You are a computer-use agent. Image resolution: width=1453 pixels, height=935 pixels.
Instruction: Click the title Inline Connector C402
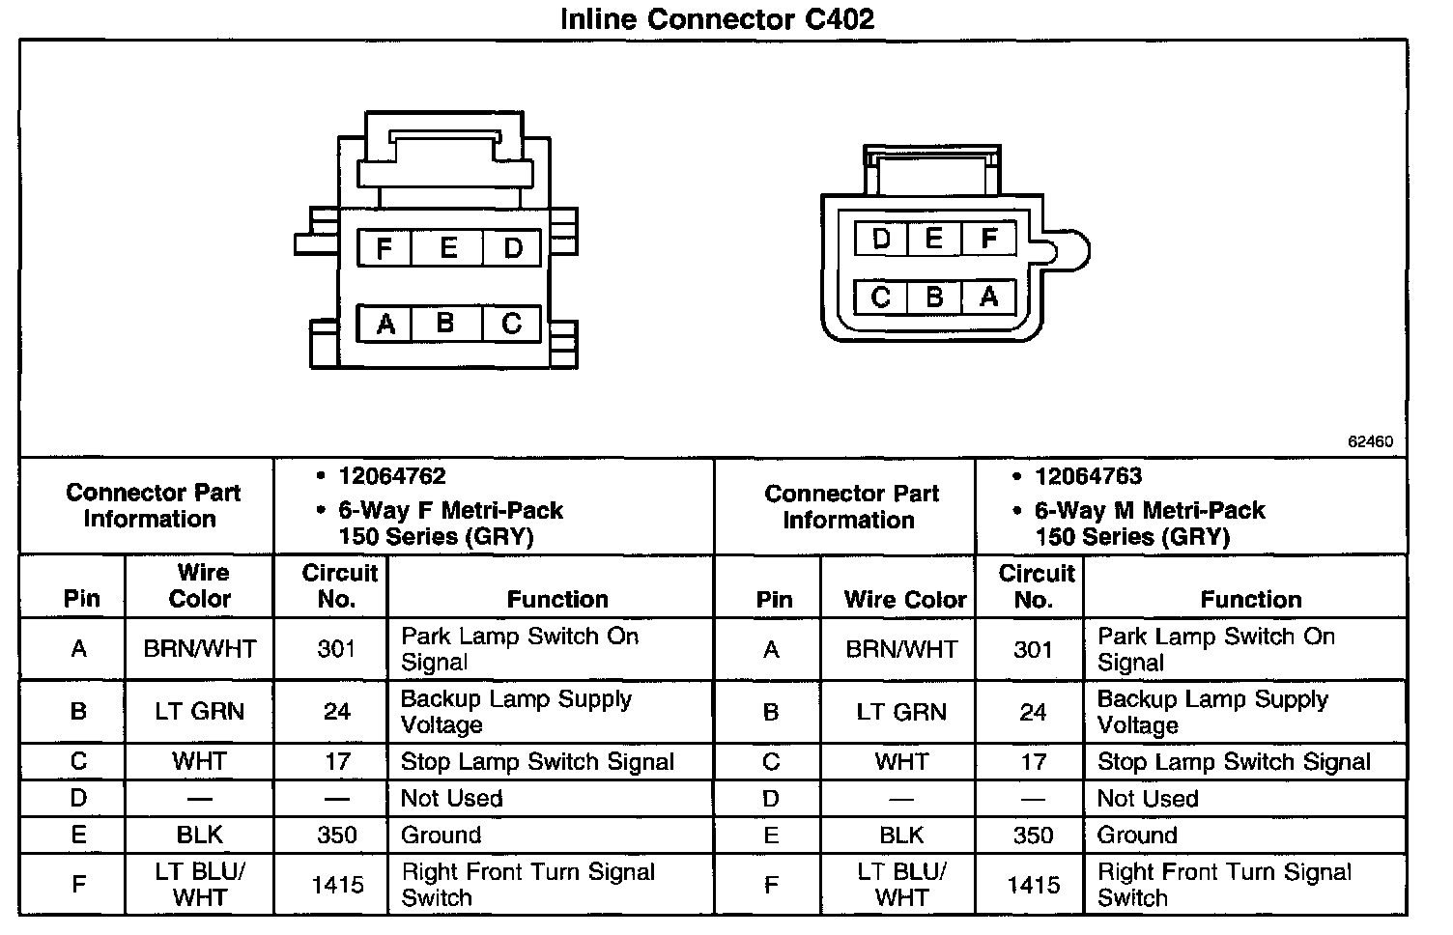pyautogui.click(x=717, y=19)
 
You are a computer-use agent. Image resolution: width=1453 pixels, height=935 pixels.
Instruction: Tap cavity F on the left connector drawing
pyautogui.click(x=385, y=248)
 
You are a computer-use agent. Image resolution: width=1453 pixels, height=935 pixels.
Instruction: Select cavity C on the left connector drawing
pyautogui.click(x=512, y=324)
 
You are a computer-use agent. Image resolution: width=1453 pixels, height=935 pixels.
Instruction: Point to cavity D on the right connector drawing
pyautogui.click(x=881, y=239)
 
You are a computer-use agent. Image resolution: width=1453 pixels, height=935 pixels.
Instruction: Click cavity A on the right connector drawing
pyautogui.click(x=988, y=297)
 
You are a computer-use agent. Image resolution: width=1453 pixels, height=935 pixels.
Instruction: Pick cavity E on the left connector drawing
pyautogui.click(x=448, y=248)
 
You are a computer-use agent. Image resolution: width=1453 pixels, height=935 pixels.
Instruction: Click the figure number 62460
pyautogui.click(x=1370, y=441)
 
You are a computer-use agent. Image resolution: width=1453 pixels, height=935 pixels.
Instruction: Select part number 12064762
pyautogui.click(x=391, y=476)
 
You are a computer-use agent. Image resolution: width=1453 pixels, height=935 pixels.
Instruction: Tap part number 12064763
pyautogui.click(x=1088, y=476)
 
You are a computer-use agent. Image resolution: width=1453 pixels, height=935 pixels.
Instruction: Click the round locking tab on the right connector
pyautogui.click(x=1070, y=251)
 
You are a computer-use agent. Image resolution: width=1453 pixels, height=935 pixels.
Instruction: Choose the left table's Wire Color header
pyautogui.click(x=200, y=585)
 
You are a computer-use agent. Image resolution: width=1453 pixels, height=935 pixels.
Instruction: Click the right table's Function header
pyautogui.click(x=1251, y=599)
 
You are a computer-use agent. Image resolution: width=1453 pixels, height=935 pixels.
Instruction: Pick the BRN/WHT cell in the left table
pyautogui.click(x=200, y=649)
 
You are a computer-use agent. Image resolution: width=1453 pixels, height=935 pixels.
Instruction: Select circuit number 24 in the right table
pyautogui.click(x=1033, y=712)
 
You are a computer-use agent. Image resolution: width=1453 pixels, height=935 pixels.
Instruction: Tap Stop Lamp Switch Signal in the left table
pyautogui.click(x=537, y=761)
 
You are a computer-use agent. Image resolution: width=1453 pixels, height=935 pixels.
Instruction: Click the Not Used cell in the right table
pyautogui.click(x=1148, y=798)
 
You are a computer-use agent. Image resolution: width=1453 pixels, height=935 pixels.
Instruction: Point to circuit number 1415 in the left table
pyautogui.click(x=337, y=885)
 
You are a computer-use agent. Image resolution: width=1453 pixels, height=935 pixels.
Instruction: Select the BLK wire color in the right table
pyautogui.click(x=901, y=835)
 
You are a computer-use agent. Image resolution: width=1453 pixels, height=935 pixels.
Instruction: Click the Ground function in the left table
pyautogui.click(x=441, y=835)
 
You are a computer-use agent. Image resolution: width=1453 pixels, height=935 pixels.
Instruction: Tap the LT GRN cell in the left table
pyautogui.click(x=200, y=712)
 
